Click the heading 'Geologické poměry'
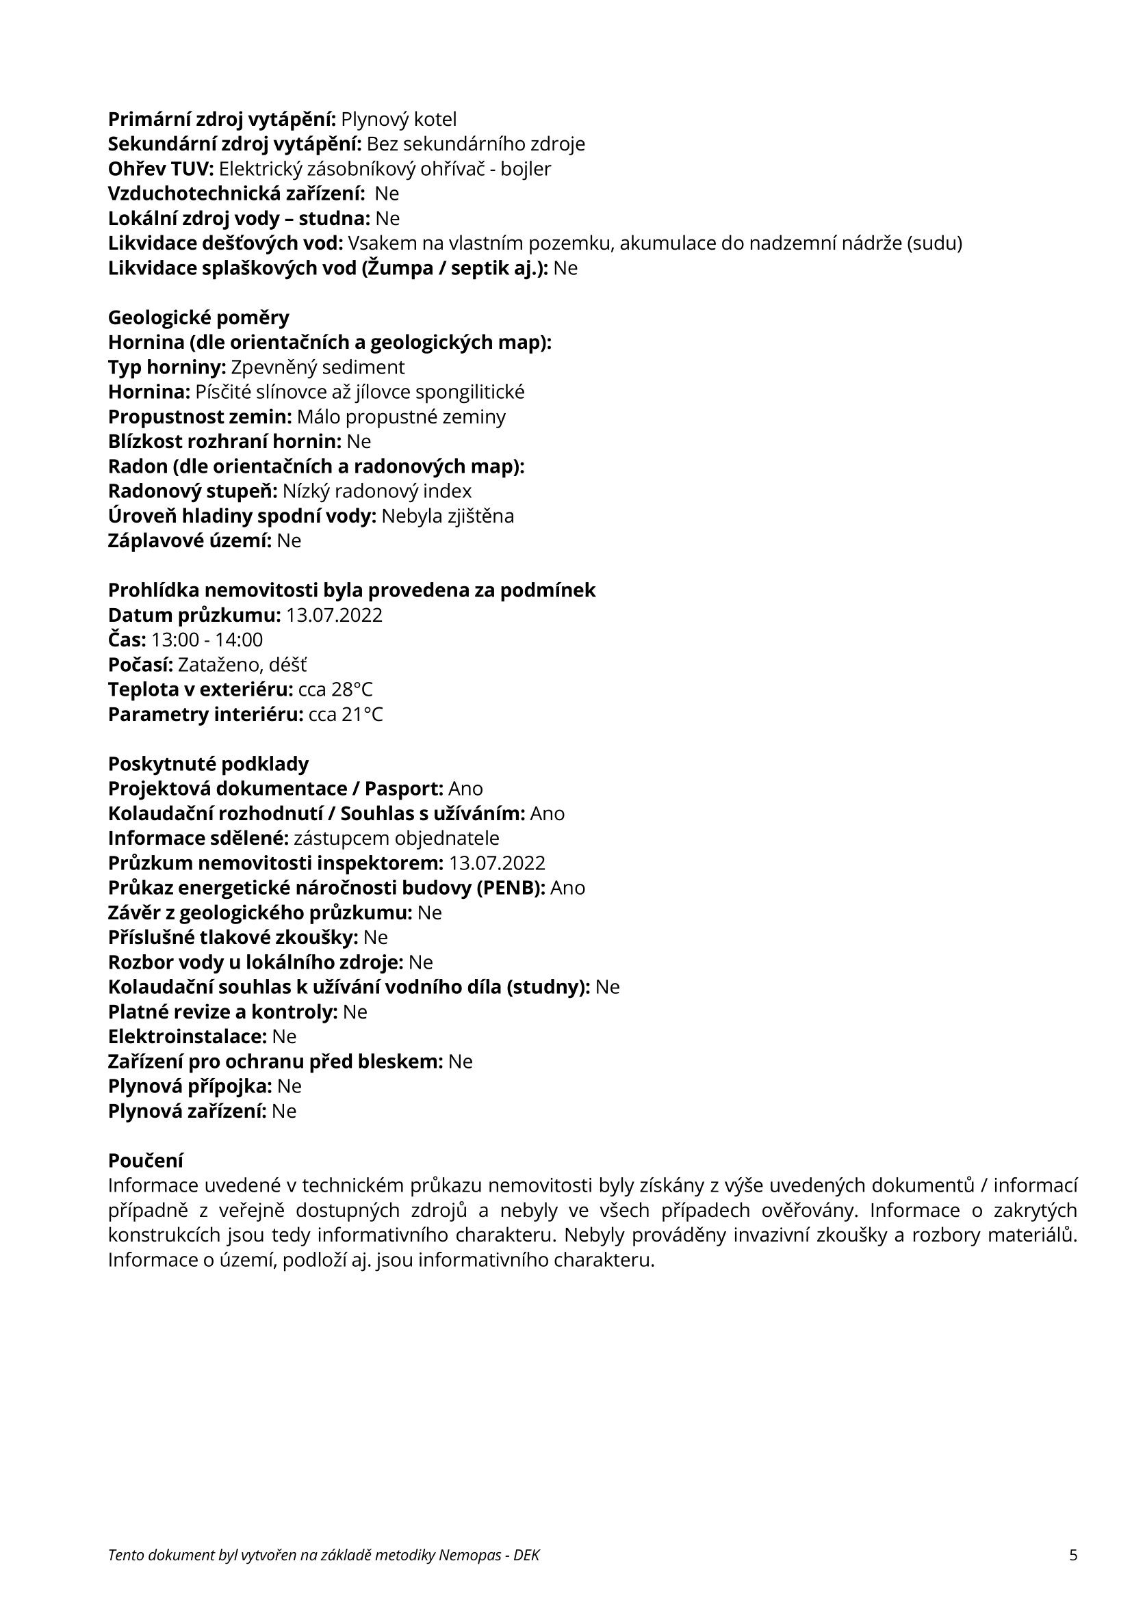click(198, 318)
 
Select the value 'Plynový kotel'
click(399, 119)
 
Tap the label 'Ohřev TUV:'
click(161, 170)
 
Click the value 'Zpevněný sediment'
click(317, 367)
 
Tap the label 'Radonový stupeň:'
click(192, 491)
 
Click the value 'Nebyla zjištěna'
click(448, 516)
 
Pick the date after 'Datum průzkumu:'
click(334, 616)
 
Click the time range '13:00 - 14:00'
click(207, 640)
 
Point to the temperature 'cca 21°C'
click(346, 715)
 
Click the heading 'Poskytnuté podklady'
click(208, 764)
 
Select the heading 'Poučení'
click(145, 1161)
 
